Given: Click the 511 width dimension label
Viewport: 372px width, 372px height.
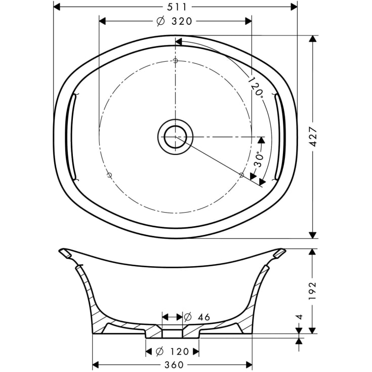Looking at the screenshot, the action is pyautogui.click(x=177, y=7).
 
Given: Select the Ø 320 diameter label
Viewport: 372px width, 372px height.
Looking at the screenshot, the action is pyautogui.click(x=175, y=21).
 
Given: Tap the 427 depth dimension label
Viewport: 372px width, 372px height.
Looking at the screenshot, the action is pyautogui.click(x=313, y=137).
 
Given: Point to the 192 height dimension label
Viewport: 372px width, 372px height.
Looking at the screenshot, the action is pyautogui.click(x=312, y=291).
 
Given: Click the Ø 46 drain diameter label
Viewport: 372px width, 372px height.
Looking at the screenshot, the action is pyautogui.click(x=197, y=317).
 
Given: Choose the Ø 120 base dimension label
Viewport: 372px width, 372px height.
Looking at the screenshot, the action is pyautogui.click(x=172, y=351).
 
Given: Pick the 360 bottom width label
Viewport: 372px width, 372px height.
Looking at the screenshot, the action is pyautogui.click(x=174, y=364).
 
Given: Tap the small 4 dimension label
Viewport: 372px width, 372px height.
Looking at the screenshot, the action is pyautogui.click(x=300, y=317).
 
